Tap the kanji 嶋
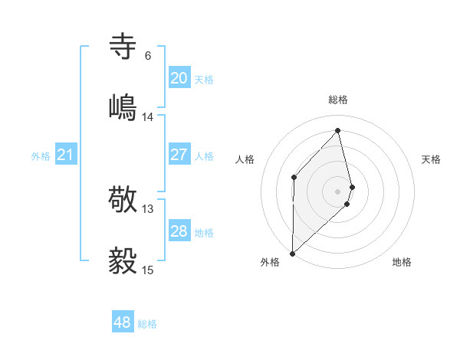click(x=123, y=107)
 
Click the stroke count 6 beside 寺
click(x=148, y=56)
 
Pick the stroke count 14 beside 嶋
click(x=148, y=117)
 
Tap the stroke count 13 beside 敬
click(x=148, y=209)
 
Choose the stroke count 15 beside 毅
click(x=148, y=270)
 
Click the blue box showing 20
click(x=179, y=78)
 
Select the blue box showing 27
click(x=179, y=155)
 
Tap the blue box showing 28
click(x=179, y=231)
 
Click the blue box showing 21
click(x=65, y=155)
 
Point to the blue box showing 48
click(x=122, y=322)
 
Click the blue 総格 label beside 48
click(x=147, y=324)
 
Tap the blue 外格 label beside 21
click(x=41, y=156)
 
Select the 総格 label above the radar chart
click(x=338, y=100)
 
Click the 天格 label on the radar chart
click(x=431, y=159)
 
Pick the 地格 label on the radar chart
click(x=402, y=262)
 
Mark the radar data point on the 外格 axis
click(x=293, y=253)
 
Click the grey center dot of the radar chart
click(x=338, y=191)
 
